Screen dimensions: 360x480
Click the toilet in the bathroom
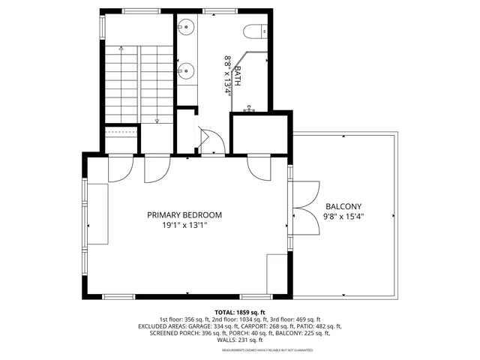[253, 31]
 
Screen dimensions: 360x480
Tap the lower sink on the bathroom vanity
[187, 70]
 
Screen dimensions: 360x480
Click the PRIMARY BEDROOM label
[184, 214]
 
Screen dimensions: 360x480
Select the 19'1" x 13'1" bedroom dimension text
[184, 225]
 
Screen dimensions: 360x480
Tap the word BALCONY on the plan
[343, 207]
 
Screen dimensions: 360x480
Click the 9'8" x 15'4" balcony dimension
[343, 217]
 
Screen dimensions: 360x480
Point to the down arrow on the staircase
[157, 118]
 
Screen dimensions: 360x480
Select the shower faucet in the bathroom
[250, 110]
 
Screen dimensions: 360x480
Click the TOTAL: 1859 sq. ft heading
[240, 312]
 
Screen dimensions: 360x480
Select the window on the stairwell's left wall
[101, 26]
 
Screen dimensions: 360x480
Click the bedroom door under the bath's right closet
[259, 166]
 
